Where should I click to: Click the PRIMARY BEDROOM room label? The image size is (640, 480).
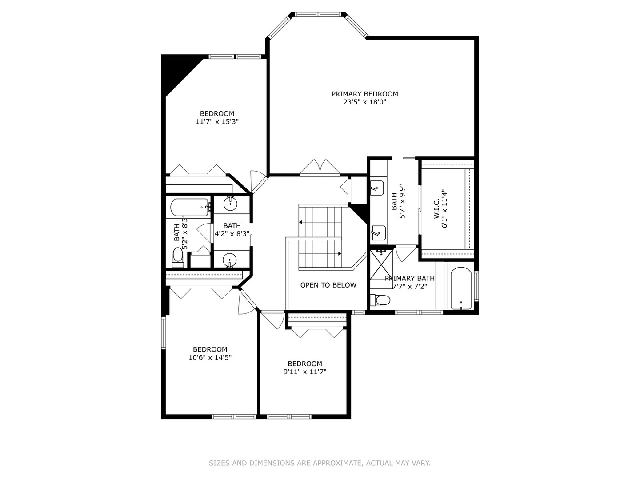click(364, 94)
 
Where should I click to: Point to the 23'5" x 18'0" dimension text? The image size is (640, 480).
click(364, 102)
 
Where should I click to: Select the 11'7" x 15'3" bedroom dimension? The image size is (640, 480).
click(217, 122)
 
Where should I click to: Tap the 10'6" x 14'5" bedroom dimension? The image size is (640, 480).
click(210, 357)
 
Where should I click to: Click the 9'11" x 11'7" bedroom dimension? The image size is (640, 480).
click(304, 372)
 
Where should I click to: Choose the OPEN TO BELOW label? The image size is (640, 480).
click(328, 285)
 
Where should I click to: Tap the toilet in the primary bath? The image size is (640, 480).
click(381, 300)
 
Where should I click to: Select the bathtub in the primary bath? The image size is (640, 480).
click(461, 288)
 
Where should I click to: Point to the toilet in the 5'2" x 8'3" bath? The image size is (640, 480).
click(178, 256)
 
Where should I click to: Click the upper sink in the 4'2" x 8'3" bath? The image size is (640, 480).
click(230, 204)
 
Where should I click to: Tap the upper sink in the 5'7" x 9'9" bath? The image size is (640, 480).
click(377, 187)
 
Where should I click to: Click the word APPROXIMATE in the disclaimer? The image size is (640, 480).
click(337, 463)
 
